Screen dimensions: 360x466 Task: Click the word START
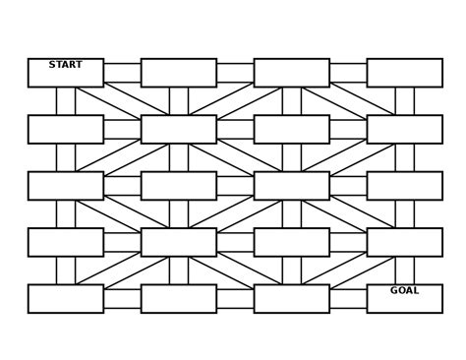point(66,65)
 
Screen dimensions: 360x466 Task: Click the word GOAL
point(404,290)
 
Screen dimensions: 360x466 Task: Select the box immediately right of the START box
point(178,73)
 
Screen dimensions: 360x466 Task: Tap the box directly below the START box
point(66,129)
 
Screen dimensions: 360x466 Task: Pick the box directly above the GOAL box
point(404,242)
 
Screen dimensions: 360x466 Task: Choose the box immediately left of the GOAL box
point(291,298)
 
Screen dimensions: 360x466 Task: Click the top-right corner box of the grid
point(404,73)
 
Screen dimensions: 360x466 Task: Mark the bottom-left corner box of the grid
point(66,298)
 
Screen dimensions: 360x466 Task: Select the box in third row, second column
point(178,186)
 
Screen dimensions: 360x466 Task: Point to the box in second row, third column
point(291,129)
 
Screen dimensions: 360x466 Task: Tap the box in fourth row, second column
point(178,242)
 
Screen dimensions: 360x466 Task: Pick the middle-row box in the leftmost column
point(66,186)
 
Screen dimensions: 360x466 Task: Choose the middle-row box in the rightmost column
point(404,186)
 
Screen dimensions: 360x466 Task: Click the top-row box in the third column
point(291,73)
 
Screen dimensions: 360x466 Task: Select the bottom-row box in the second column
point(178,298)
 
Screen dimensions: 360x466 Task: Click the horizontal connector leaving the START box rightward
point(122,73)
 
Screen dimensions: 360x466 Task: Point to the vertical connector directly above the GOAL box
point(404,270)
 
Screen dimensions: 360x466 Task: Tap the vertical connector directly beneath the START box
point(66,101)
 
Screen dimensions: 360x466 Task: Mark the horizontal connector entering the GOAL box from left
point(348,298)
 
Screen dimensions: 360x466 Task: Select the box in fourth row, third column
point(291,242)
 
